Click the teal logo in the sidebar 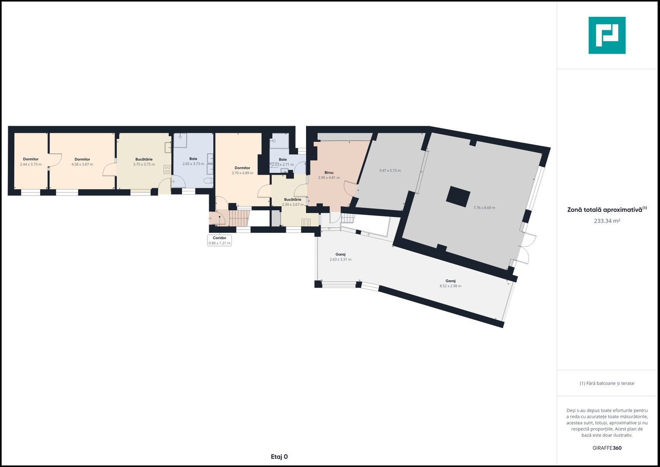607,35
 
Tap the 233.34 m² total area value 607,221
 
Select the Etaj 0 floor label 279,457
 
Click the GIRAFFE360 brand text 607,448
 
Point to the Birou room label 329,173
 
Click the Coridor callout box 220,240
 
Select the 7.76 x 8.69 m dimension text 484,208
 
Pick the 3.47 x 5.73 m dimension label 390,170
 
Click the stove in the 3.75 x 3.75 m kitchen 167,170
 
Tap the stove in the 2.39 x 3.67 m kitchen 306,222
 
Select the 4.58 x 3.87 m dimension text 82,164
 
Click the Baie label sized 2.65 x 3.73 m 193,159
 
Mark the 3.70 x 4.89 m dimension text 242,173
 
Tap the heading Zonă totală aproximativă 605,210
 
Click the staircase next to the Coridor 239,218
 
